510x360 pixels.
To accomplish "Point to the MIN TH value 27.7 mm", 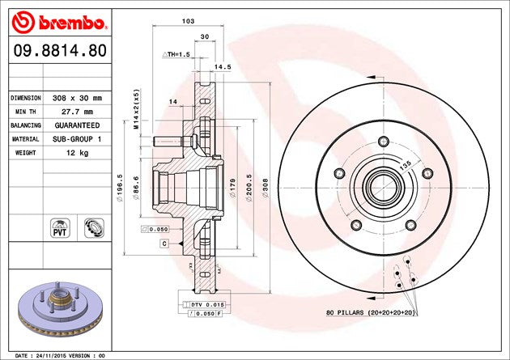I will tap(78, 112).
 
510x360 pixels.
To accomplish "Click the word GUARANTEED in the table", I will tap(78, 125).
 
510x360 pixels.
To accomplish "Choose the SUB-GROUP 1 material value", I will tap(78, 139).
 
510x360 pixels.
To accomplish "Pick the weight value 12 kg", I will tap(78, 153).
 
